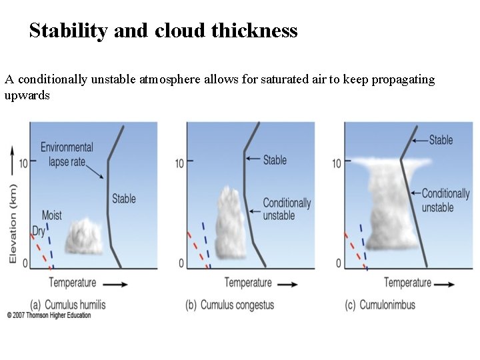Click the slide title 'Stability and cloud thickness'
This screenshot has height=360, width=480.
pyautogui.click(x=163, y=31)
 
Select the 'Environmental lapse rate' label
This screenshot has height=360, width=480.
pyautogui.click(x=67, y=154)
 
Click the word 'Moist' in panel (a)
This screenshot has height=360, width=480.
pyautogui.click(x=52, y=215)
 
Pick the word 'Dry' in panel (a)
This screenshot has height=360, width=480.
pyautogui.click(x=39, y=231)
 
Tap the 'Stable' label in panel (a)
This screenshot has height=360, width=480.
pyautogui.click(x=124, y=198)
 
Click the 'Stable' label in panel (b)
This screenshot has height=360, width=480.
pyautogui.click(x=275, y=159)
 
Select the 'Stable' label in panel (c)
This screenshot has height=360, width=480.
pyautogui.click(x=441, y=140)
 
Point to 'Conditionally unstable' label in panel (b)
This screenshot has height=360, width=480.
pyautogui.click(x=287, y=209)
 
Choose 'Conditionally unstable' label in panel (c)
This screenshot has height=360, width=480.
pyautogui.click(x=446, y=200)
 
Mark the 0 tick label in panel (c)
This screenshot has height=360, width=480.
pyautogui.click(x=339, y=263)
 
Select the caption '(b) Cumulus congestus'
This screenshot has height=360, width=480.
pyautogui.click(x=230, y=305)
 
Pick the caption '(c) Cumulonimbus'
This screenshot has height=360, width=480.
pyautogui.click(x=380, y=305)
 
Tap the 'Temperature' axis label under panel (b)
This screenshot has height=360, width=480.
pyautogui.click(x=248, y=283)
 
